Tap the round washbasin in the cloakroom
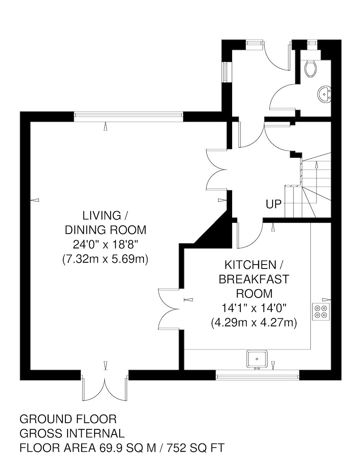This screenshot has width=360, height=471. tap(325, 94)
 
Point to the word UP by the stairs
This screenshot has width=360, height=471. tap(273, 204)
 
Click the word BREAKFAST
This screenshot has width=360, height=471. tap(254, 279)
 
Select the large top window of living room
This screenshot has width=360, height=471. tap(129, 115)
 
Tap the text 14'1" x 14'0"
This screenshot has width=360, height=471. tap(254, 309)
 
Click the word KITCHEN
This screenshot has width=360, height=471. tap(250, 265)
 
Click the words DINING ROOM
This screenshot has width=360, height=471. tap(105, 230)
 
